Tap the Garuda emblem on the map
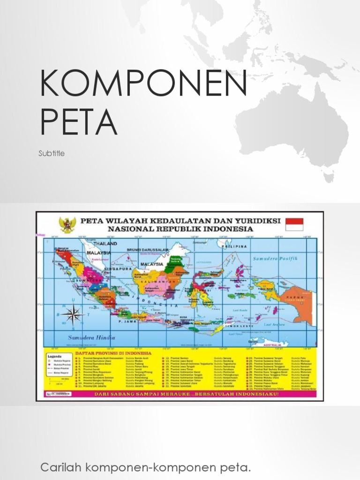[67, 225]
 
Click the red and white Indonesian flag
[294, 224]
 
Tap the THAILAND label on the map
[105, 244]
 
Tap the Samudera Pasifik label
[275, 258]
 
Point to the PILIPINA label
[234, 246]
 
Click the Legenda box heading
[56, 355]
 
